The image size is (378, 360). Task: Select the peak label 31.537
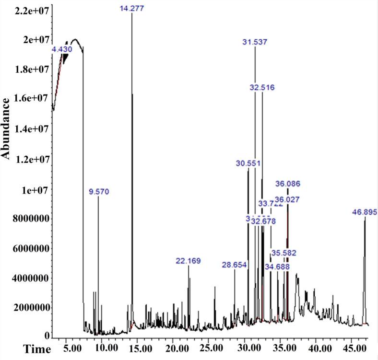[255, 42]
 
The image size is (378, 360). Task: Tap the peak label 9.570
[99, 192]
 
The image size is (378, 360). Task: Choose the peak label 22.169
[188, 261]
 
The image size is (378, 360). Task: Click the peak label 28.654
[235, 265]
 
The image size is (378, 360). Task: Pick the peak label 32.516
[262, 87]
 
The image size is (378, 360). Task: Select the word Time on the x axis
[12, 349]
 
